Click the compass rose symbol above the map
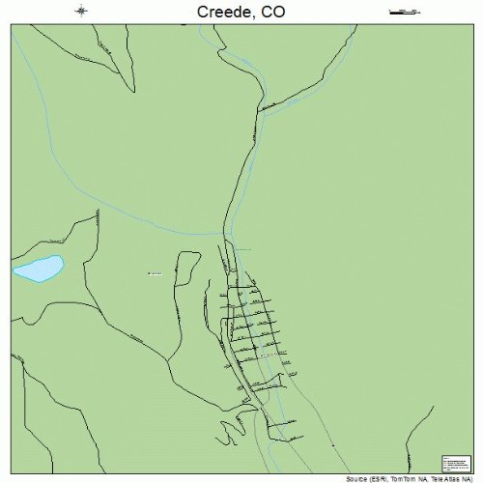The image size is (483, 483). pyautogui.click(x=82, y=12)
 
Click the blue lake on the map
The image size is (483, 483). pyautogui.click(x=38, y=269)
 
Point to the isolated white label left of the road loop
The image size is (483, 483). pyautogui.click(x=155, y=272)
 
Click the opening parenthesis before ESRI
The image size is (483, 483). pyautogui.click(x=372, y=478)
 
